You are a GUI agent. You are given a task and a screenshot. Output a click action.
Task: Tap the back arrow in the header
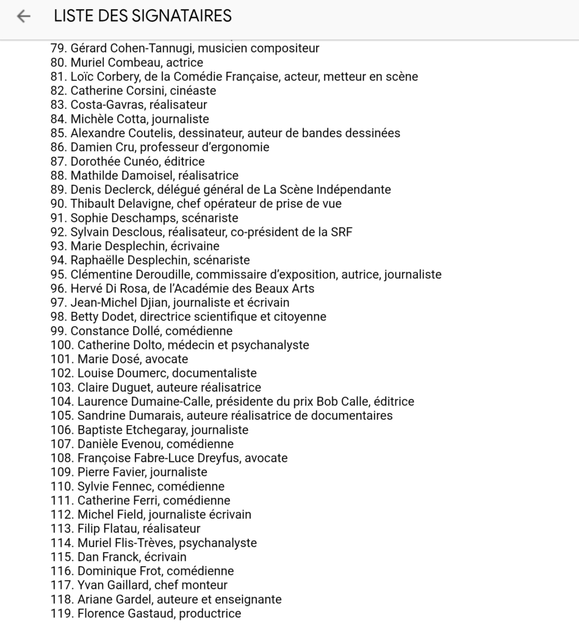tap(24, 16)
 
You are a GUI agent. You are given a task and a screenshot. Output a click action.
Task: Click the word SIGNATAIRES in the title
tap(182, 16)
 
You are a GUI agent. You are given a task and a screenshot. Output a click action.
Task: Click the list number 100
tap(62, 345)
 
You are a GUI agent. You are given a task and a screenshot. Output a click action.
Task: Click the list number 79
tap(58, 48)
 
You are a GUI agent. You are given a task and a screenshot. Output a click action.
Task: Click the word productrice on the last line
tap(210, 614)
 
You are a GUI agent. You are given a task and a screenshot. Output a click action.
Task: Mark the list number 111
tap(61, 500)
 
